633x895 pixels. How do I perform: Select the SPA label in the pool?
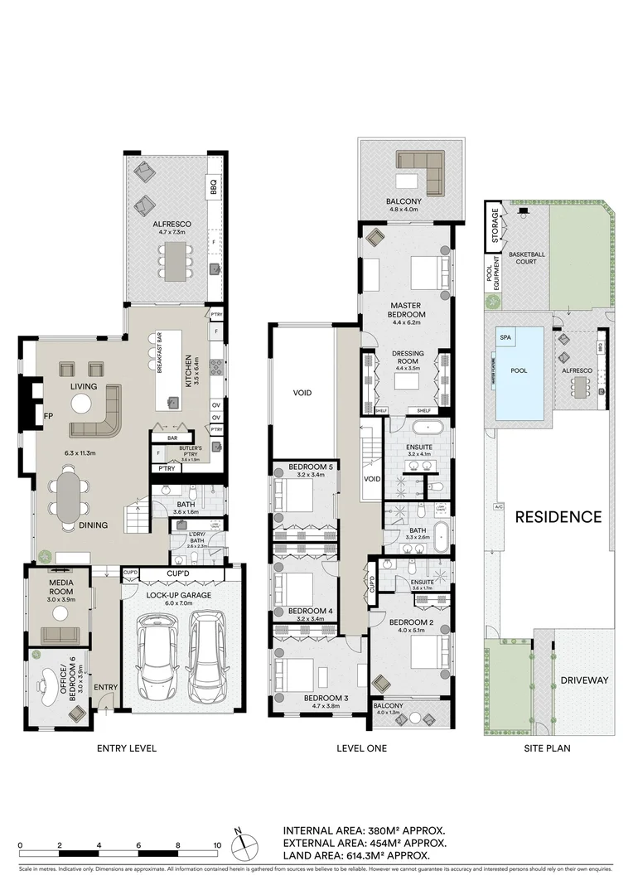pos(505,337)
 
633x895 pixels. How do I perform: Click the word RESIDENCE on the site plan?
pos(558,517)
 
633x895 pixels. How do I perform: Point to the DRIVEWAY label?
pos(584,680)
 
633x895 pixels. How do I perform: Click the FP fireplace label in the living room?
pos(48,417)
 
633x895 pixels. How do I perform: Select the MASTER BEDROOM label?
pos(408,310)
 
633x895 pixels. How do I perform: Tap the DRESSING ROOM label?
pos(408,357)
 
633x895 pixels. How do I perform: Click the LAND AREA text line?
pos(356,855)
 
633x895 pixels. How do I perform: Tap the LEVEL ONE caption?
pos(361,748)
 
